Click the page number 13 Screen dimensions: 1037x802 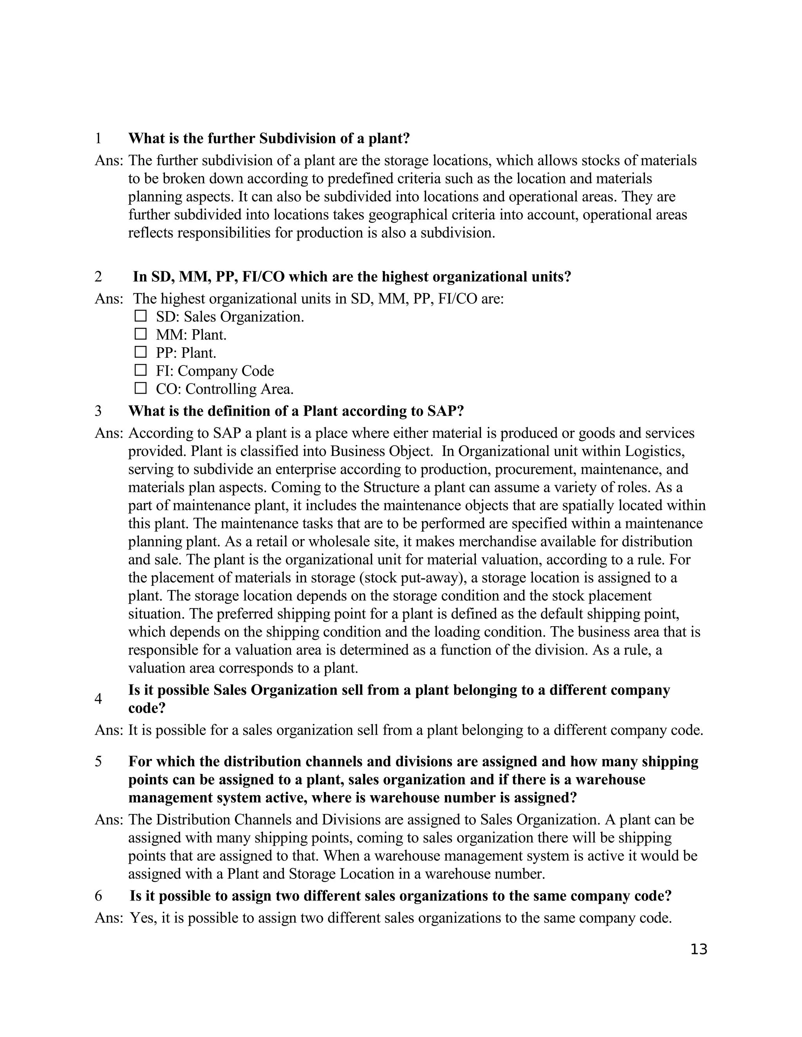point(699,949)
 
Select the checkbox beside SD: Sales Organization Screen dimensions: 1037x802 point(140,316)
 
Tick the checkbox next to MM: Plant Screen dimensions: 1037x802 point(140,334)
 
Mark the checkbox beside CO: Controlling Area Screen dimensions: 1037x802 point(140,389)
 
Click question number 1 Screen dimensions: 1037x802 point(98,139)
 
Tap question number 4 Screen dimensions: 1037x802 point(98,699)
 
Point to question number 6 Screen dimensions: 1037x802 point(98,896)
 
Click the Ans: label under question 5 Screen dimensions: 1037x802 point(109,819)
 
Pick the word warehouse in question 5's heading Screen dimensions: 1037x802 point(616,780)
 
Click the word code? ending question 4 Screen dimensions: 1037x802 point(147,708)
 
